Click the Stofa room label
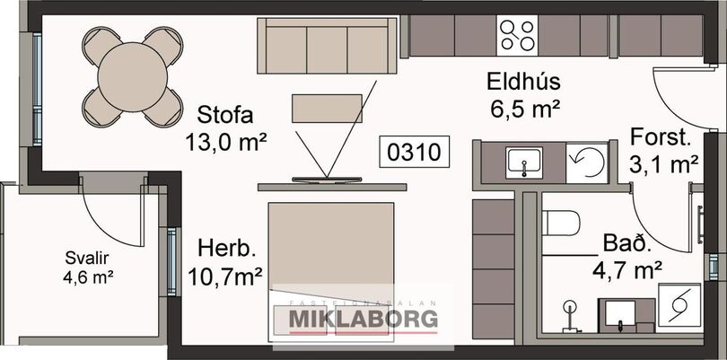[225, 115]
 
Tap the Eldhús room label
[523, 82]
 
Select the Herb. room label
[227, 249]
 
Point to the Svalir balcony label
[87, 258]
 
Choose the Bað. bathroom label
[626, 243]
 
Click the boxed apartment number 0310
[414, 151]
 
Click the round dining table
[133, 77]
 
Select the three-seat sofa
[328, 46]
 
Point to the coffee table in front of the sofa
[327, 109]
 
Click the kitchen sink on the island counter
[524, 162]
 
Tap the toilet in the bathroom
[561, 223]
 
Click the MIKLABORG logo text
[363, 320]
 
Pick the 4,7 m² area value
[626, 269]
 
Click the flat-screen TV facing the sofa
[327, 180]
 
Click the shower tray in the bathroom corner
[679, 304]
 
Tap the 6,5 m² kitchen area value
[524, 109]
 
